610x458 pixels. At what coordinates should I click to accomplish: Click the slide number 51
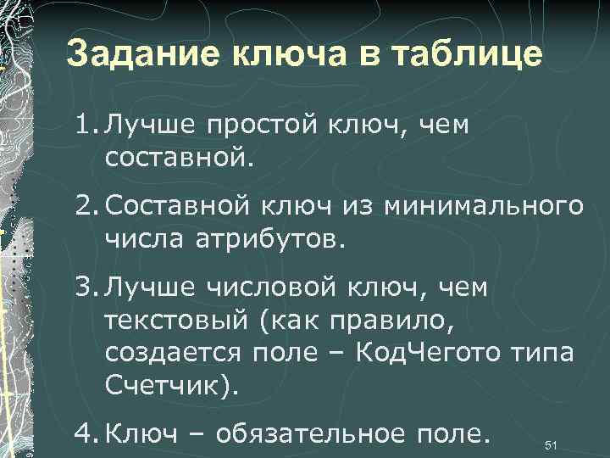551,445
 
